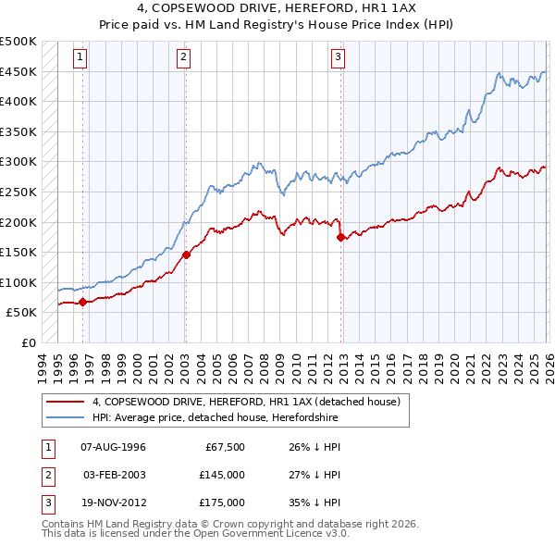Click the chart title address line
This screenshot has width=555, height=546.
tap(277, 7)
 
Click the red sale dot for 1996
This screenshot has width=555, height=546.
tap(83, 302)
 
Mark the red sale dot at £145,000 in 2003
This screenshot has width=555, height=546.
tap(186, 254)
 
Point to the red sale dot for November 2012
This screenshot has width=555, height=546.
tap(341, 237)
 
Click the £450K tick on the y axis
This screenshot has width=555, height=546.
tap(19, 72)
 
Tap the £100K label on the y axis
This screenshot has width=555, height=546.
tap(19, 282)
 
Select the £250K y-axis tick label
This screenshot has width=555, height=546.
tap(19, 192)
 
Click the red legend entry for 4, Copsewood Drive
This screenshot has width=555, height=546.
tap(245, 402)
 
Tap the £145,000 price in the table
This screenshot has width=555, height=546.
tap(222, 475)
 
